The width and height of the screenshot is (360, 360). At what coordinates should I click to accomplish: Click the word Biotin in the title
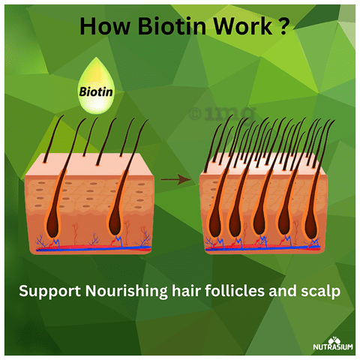coord(172,25)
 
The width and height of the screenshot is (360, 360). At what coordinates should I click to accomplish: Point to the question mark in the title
coord(283,25)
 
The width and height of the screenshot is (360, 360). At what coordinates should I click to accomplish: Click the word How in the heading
coord(105,25)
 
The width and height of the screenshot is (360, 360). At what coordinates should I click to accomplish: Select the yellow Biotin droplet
coord(96,85)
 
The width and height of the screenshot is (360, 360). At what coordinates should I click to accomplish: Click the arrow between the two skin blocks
coord(175,179)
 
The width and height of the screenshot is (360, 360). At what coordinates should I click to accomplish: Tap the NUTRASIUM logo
coord(333,343)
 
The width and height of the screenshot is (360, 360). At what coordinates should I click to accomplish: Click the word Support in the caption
coord(50,292)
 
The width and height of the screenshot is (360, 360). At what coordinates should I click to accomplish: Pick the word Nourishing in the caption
coord(127,291)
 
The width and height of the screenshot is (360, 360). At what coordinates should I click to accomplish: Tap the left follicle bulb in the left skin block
coord(52,223)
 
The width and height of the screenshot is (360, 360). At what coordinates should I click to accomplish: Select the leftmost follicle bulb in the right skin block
coord(215,223)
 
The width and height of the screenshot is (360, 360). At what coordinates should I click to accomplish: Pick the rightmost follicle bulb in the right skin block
coord(311,224)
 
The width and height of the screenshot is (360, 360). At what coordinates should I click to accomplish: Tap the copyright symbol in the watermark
coord(195,114)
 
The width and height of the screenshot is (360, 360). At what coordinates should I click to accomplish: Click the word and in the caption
coord(283,290)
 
